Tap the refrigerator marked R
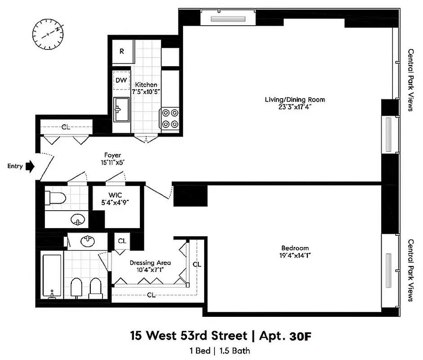(x=121, y=51)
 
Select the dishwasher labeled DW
(x=121, y=81)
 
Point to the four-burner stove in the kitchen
(x=170, y=118)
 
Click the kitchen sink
(x=120, y=110)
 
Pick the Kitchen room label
(x=147, y=85)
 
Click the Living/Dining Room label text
(x=294, y=99)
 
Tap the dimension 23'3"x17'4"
(x=294, y=107)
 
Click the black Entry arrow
(x=30, y=166)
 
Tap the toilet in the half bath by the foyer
(x=55, y=197)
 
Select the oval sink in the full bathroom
(x=87, y=242)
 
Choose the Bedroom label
(x=295, y=248)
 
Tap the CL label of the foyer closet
(x=66, y=127)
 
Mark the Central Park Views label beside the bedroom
(x=410, y=270)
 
